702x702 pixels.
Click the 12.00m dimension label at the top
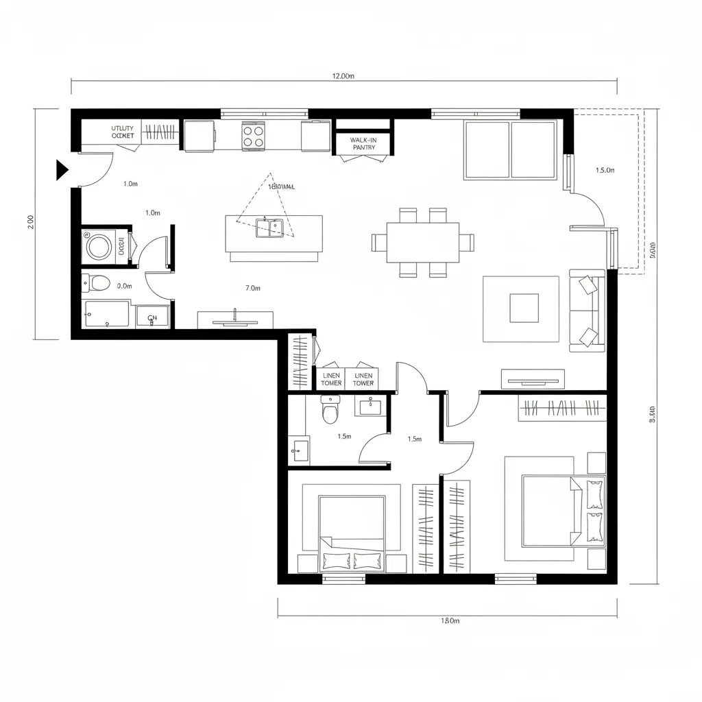[343, 76]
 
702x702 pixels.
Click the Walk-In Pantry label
[363, 143]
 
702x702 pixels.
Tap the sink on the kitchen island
[270, 228]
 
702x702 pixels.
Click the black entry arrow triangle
[62, 169]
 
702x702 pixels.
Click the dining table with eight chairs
[422, 243]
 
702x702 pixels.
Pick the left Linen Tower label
[331, 379]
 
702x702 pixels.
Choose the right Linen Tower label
[363, 379]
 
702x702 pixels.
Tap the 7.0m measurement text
[252, 288]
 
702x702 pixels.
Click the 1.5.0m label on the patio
[605, 170]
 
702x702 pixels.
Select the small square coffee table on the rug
[524, 308]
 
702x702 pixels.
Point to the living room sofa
[588, 311]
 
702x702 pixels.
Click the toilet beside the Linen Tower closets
[330, 412]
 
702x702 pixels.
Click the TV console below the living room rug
[533, 378]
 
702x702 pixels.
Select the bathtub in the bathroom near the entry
[107, 315]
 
